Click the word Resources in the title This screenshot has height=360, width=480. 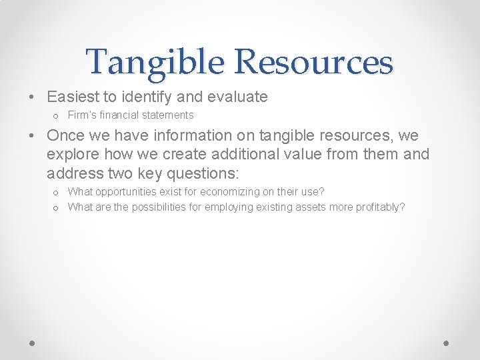click(313, 62)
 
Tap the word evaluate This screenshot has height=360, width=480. click(238, 97)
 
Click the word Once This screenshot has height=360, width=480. click(65, 136)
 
